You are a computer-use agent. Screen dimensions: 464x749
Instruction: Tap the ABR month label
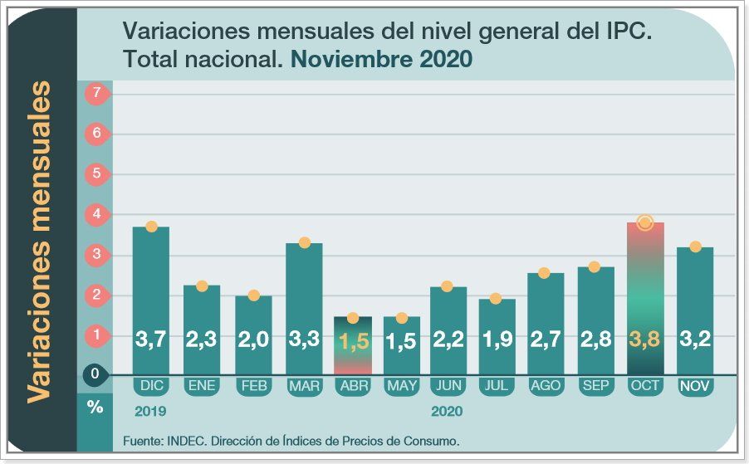pyautogui.click(x=351, y=386)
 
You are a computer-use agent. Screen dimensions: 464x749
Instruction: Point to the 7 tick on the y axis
pyautogui.click(x=96, y=93)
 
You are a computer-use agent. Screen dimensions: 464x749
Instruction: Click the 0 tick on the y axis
pyautogui.click(x=95, y=374)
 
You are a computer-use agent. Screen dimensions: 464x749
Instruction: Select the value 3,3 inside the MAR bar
pyautogui.click(x=304, y=339)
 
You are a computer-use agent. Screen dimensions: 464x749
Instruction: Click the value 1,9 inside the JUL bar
pyautogui.click(x=497, y=339)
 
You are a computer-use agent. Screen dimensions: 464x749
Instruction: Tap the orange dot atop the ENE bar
pyautogui.click(x=202, y=286)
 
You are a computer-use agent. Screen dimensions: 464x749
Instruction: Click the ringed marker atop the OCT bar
pyautogui.click(x=645, y=222)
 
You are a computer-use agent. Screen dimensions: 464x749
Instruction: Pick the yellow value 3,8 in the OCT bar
pyautogui.click(x=645, y=339)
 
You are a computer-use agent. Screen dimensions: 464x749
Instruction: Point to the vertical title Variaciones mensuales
pyautogui.click(x=39, y=242)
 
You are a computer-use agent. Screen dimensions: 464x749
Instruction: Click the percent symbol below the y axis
pyautogui.click(x=95, y=407)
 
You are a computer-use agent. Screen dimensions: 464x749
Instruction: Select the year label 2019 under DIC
pyautogui.click(x=151, y=411)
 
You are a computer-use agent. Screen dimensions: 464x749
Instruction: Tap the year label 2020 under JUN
pyautogui.click(x=447, y=411)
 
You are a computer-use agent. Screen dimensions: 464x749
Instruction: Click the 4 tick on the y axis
pyautogui.click(x=96, y=214)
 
